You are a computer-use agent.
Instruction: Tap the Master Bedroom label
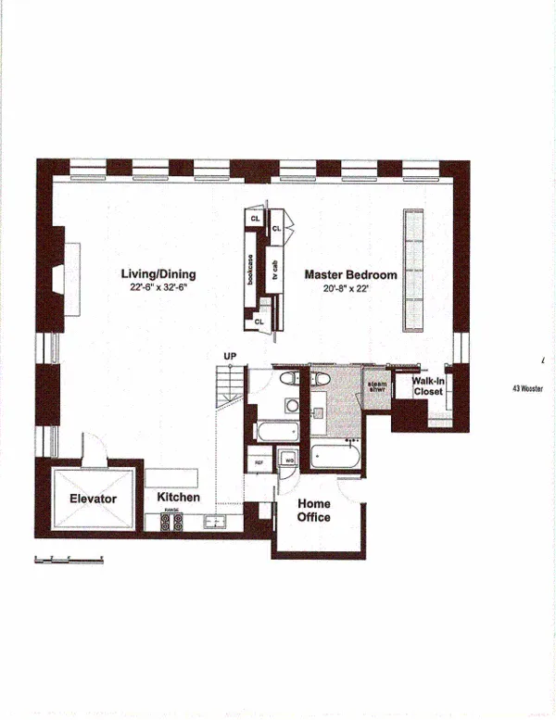point(350,275)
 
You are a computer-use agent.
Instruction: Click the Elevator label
point(93,499)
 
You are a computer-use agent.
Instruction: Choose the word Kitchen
point(178,498)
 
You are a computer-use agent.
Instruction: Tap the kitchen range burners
point(172,523)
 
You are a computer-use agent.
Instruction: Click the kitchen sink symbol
point(214,522)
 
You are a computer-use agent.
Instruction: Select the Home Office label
point(313,511)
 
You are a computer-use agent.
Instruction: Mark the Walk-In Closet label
point(427,385)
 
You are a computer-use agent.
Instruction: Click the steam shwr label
point(377,386)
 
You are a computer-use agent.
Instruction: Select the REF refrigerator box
point(259,460)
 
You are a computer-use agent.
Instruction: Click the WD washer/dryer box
point(288,460)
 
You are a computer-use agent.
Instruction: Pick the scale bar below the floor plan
point(68,559)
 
